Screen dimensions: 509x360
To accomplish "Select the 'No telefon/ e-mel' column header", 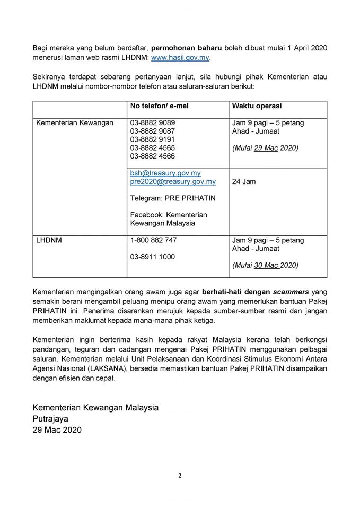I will click(160, 106).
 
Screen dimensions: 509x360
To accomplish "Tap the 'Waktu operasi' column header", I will click(257, 106).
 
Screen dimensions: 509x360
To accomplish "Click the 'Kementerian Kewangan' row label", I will click(75, 122).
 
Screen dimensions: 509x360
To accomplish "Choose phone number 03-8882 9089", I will click(153, 122).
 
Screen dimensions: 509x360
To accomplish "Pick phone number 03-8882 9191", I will click(153, 139).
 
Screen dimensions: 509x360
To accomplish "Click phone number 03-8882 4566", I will click(153, 156).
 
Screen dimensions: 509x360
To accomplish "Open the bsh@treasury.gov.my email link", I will click(165, 173).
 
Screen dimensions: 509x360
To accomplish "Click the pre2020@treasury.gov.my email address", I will click(173, 182).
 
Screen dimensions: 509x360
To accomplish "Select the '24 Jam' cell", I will click(244, 182).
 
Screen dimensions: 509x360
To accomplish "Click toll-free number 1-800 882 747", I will click(154, 240).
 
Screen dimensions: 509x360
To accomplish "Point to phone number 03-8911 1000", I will click(153, 257).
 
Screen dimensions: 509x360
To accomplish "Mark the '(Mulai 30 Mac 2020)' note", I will click(265, 265).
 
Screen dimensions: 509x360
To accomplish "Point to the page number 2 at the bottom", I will click(180, 476).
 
